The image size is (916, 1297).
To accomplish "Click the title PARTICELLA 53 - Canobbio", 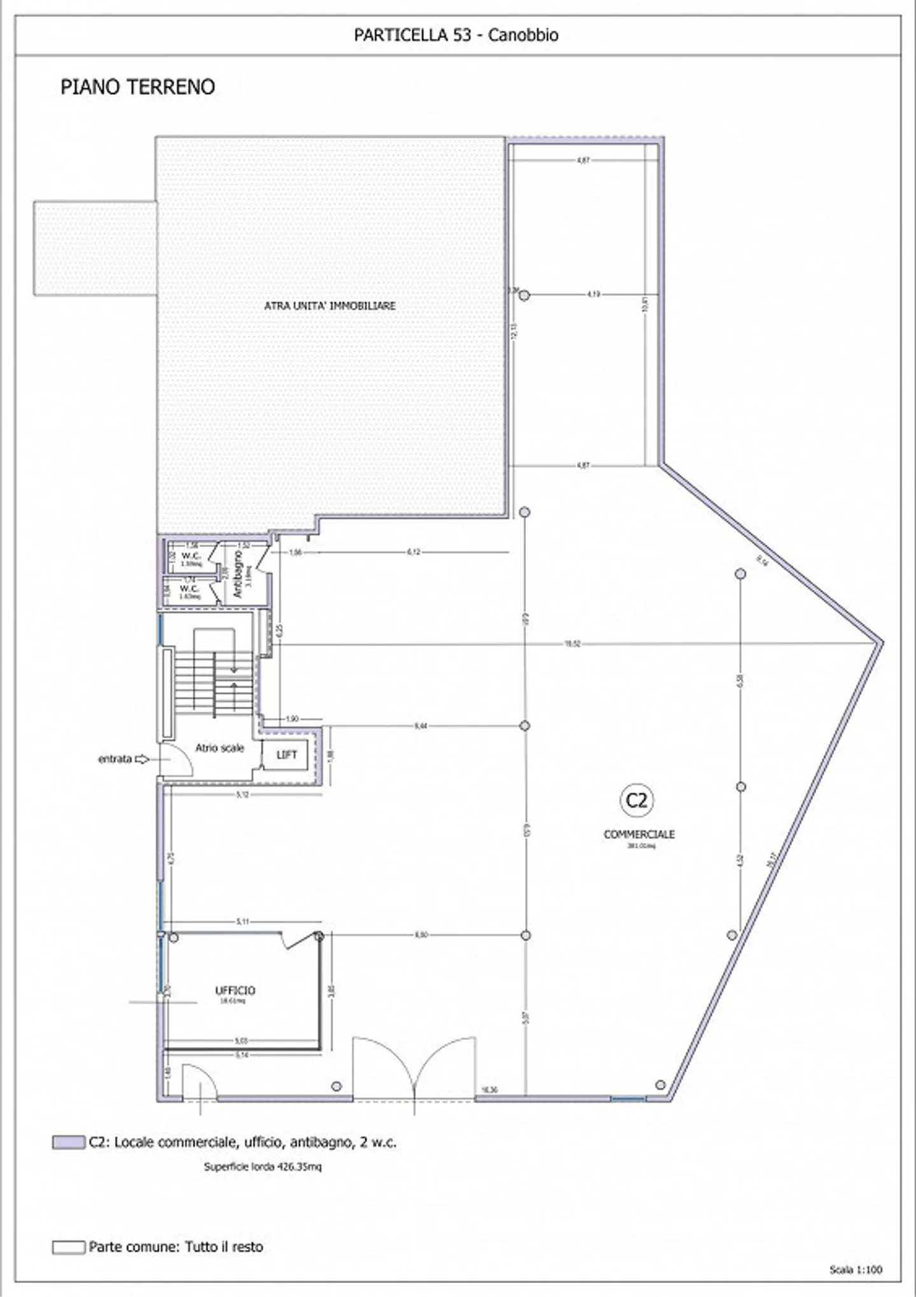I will coord(456,35).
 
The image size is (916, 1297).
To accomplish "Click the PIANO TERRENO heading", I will coord(137,87).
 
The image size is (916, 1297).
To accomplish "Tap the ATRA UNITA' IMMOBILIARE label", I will coord(330,306).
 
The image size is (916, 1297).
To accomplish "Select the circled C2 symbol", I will coord(636,800).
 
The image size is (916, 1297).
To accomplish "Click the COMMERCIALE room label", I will coord(639,834).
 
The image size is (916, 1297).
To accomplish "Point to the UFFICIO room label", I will coord(235,990).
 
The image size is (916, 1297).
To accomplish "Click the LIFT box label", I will coord(286,754).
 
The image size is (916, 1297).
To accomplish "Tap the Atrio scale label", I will coord(219,748).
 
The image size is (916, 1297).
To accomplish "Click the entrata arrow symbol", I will coord(142,759).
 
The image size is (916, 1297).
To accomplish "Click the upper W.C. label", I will coord(191,556).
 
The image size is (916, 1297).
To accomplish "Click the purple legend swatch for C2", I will coord(68,1142).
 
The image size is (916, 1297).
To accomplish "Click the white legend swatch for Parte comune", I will coord(68,1247).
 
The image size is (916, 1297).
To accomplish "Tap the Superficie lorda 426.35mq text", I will coord(263,1167).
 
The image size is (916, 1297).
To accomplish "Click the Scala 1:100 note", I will coord(856,1270).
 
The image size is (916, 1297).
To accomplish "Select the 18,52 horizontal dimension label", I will coord(572,644).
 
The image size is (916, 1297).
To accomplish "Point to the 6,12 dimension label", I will coord(413,552).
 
